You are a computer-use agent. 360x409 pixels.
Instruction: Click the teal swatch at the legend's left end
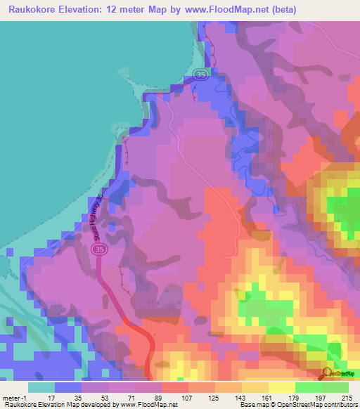tap(41, 387)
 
